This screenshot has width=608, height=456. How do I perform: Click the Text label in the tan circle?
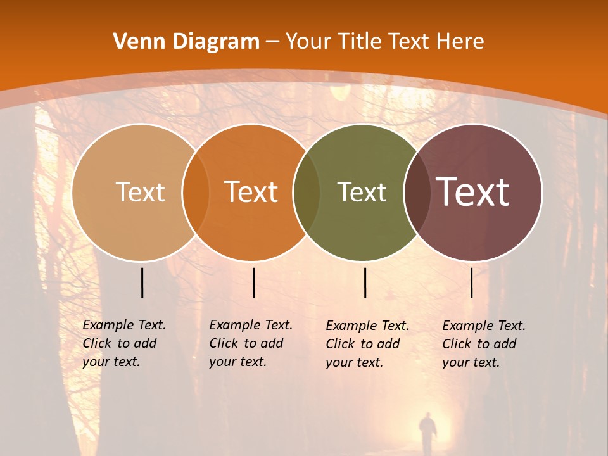point(140,192)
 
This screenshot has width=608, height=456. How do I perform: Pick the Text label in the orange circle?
point(251,192)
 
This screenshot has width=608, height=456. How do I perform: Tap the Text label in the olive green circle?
point(362,192)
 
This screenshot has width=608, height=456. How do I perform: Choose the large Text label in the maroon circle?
point(473,192)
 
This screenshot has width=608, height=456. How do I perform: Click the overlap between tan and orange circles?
point(195,193)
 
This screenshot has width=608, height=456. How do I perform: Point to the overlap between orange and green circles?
point(307,193)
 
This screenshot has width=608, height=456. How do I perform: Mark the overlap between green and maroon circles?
point(417,193)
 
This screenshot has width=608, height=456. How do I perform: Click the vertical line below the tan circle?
point(142,282)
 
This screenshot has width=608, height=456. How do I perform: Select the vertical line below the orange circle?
point(253,282)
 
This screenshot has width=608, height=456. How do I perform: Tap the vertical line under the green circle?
point(365,282)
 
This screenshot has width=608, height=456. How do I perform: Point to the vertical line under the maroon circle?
point(471,282)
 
